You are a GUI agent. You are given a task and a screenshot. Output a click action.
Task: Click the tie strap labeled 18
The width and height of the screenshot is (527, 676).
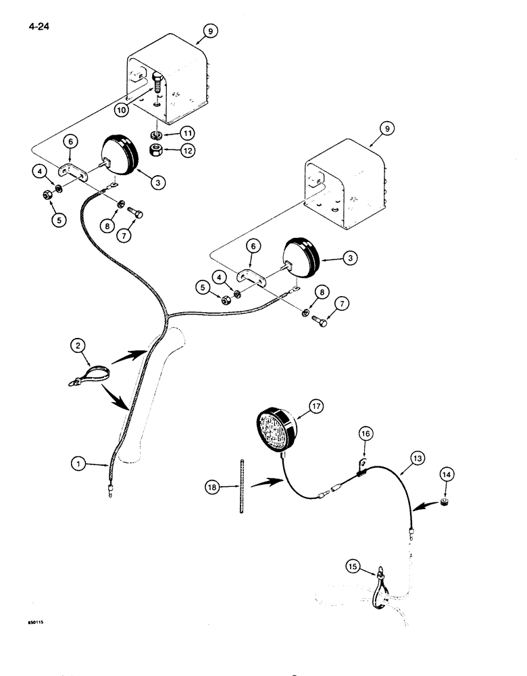242,486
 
